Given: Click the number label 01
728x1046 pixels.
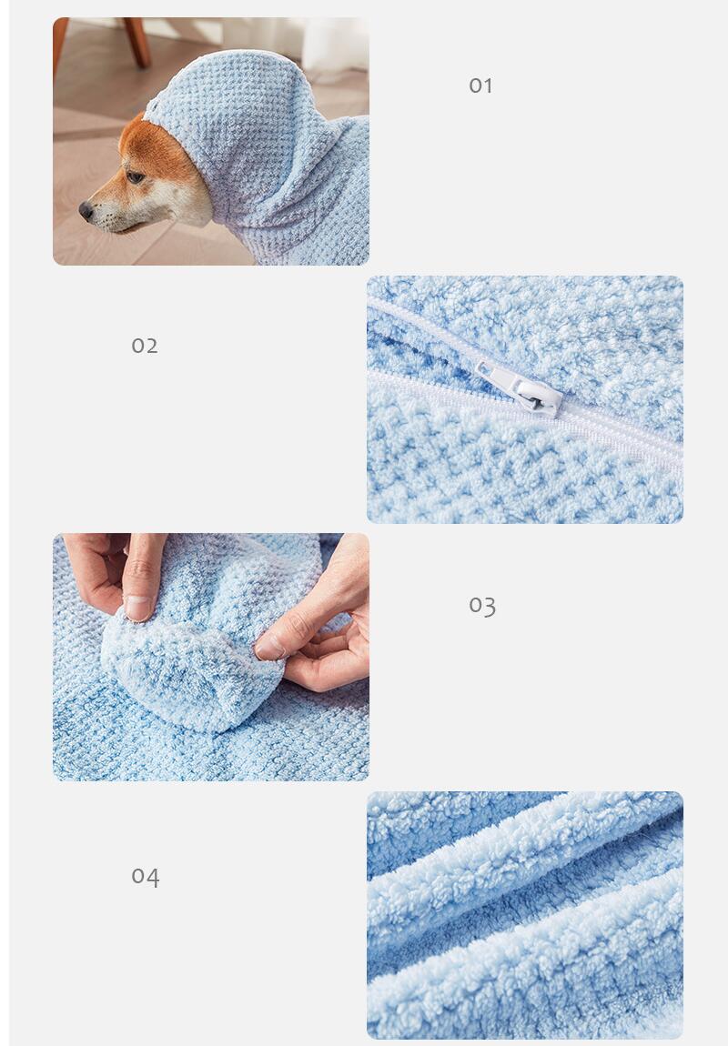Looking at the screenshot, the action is click(x=480, y=85).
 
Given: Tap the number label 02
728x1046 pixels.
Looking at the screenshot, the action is click(x=145, y=346).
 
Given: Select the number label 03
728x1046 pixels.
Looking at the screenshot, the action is click(x=482, y=606).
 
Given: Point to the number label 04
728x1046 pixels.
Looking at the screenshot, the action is click(x=146, y=877).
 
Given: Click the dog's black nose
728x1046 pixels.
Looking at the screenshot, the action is click(x=86, y=211).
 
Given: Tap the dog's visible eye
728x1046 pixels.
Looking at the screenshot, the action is click(x=136, y=176).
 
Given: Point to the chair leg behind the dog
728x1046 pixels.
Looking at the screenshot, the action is click(x=136, y=41).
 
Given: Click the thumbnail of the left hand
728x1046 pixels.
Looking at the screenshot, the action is click(x=138, y=607).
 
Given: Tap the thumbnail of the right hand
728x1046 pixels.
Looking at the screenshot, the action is click(x=269, y=647).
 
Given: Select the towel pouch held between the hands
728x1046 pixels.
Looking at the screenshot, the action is click(x=194, y=660).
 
